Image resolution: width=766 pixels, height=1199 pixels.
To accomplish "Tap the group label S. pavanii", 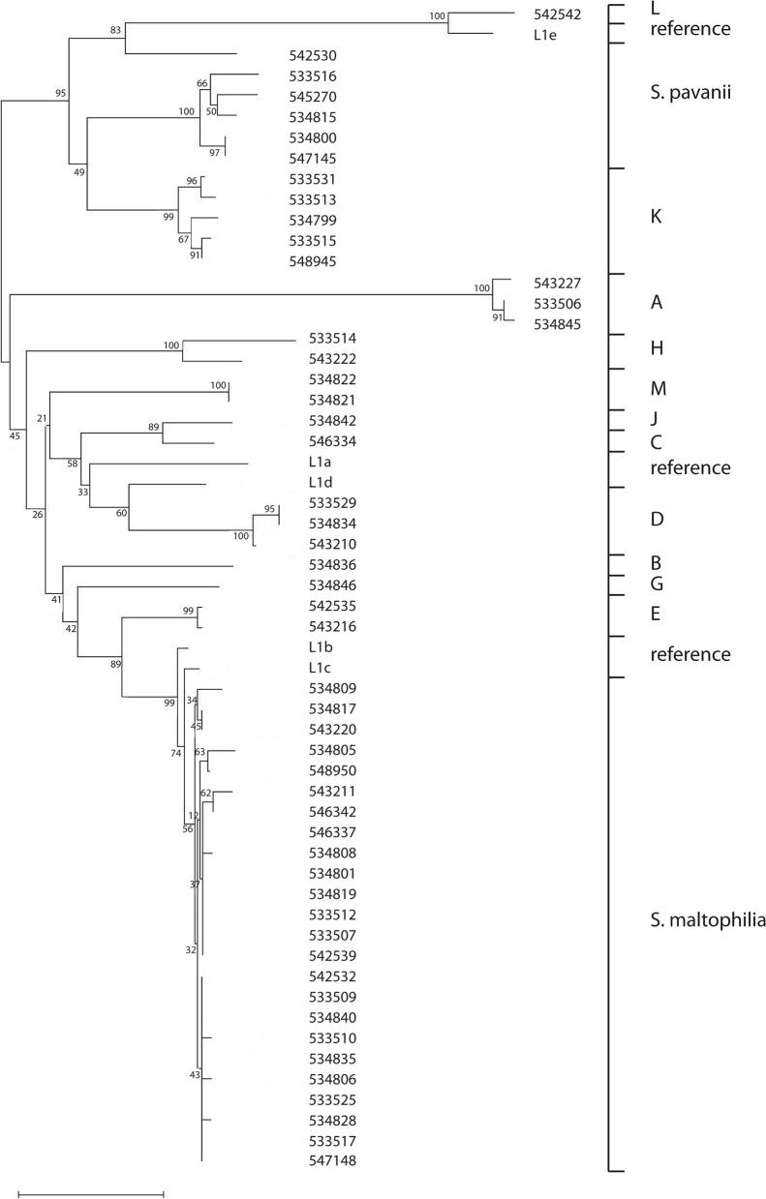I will [x=689, y=95].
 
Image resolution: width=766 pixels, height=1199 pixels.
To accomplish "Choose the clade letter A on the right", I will [x=656, y=303].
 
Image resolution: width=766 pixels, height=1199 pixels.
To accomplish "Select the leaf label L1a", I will [x=321, y=463].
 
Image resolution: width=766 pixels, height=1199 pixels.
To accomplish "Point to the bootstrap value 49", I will [x=78, y=172].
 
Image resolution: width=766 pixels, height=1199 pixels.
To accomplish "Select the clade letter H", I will [x=656, y=347].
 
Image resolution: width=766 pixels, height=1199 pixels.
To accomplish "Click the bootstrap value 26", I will [x=38, y=514].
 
